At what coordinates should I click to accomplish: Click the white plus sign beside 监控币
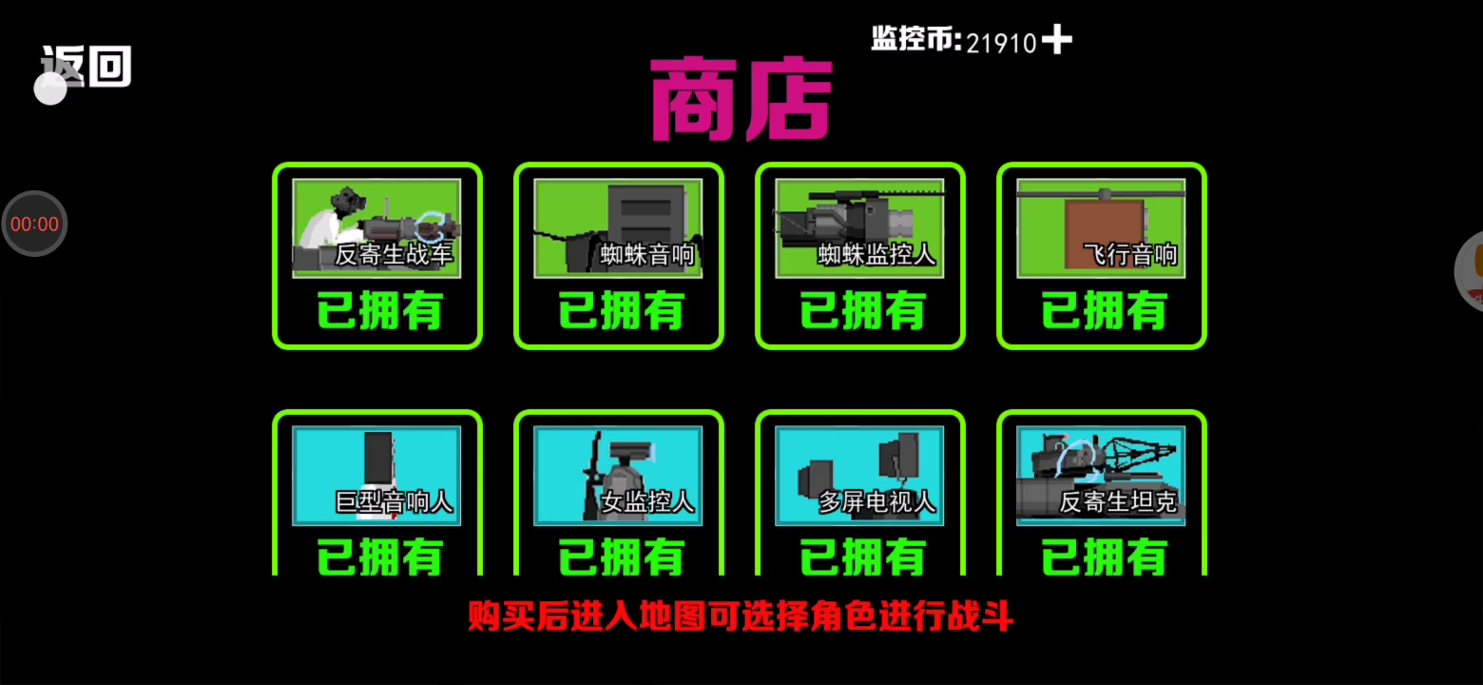pos(1057,39)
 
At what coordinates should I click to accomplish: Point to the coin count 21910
pos(1000,44)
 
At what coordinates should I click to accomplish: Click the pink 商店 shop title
pos(741,99)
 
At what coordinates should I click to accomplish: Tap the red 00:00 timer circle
pos(34,224)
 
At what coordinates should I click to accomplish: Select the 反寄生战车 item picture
pos(376,228)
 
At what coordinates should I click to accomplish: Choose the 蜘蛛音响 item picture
pos(618,228)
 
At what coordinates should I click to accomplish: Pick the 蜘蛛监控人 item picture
pos(859,228)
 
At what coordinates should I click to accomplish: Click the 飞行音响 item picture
pos(1101,228)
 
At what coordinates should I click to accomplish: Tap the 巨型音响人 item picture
pos(376,476)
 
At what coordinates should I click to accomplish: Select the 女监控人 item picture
pos(618,476)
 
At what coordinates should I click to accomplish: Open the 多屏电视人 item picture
pos(859,476)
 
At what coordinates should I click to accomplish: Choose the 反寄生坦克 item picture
pos(1101,476)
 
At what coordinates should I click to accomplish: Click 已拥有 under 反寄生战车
pos(379,311)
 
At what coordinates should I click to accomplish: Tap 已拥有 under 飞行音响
pos(1104,311)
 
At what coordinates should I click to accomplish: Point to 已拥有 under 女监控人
pos(621,558)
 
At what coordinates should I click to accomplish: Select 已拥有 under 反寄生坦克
pos(1104,558)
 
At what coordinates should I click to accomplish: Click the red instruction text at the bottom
pos(741,616)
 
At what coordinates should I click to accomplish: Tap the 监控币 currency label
pos(916,39)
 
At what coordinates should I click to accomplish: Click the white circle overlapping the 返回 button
pos(50,88)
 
